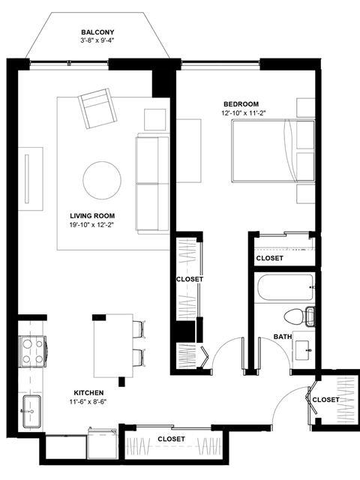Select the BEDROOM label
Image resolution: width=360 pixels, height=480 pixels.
pyautogui.click(x=241, y=103)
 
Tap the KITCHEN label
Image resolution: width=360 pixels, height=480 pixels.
pyautogui.click(x=88, y=392)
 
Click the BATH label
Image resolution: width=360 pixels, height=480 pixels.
pyautogui.click(x=283, y=337)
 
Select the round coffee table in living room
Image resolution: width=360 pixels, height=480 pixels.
pyautogui.click(x=102, y=180)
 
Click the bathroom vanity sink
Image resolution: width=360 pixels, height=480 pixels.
pyautogui.click(x=304, y=349)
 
